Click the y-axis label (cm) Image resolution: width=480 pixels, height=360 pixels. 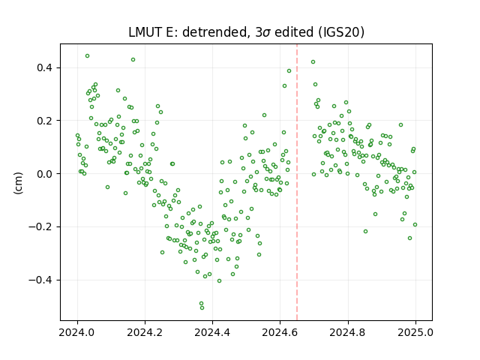18,183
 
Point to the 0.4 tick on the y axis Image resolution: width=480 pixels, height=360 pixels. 45,67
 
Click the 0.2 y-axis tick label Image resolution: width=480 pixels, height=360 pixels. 45,121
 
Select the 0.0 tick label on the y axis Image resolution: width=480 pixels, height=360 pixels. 45,174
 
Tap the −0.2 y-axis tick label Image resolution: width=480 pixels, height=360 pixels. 41,226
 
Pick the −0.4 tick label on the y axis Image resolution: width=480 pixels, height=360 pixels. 41,280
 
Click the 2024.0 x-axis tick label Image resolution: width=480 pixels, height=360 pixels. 77,332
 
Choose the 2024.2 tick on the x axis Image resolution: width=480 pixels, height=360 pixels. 145,332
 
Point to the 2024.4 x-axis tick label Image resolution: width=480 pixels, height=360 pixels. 212,332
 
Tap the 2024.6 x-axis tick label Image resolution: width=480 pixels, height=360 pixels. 280,332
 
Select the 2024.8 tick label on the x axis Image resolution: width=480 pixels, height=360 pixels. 348,332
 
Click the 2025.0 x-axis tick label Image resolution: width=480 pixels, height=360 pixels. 415,332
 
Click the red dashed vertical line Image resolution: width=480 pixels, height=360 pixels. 297,182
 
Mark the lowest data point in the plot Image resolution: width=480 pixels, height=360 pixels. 202,307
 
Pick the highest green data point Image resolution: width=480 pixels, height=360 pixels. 87,56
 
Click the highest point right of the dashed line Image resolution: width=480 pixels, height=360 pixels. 313,61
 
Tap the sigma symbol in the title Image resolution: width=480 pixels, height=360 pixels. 267,33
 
